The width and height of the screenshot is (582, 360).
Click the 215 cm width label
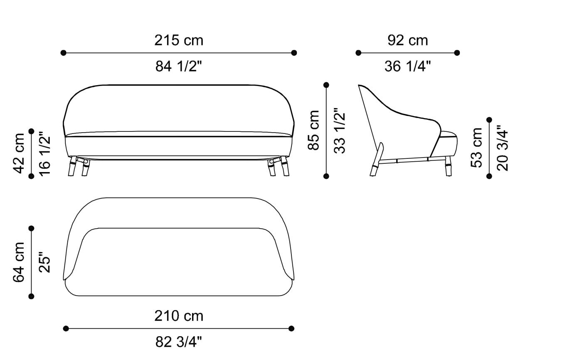coord(179,40)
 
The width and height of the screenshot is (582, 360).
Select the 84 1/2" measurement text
coord(179,66)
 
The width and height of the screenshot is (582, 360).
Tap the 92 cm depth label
coord(407,40)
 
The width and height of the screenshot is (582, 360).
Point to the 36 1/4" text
coord(407,66)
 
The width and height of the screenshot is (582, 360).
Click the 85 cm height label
coord(314,130)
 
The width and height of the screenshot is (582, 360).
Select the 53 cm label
coord(476,148)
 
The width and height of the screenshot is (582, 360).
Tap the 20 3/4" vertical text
coord(502,148)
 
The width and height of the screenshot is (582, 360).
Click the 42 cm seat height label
coord(19,153)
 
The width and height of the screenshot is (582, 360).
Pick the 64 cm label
coord(19,262)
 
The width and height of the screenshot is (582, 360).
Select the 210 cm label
coord(179,316)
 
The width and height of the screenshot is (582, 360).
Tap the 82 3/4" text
coord(179,342)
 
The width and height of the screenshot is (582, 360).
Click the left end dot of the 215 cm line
coord(63,53)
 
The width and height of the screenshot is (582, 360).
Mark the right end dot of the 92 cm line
coord(457,53)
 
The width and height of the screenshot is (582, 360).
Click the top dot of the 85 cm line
coord(326,85)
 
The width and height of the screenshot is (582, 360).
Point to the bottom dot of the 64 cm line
coord(31,296)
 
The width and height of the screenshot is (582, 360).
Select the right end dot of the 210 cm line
coord(291,328)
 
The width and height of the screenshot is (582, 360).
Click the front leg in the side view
coord(449,166)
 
